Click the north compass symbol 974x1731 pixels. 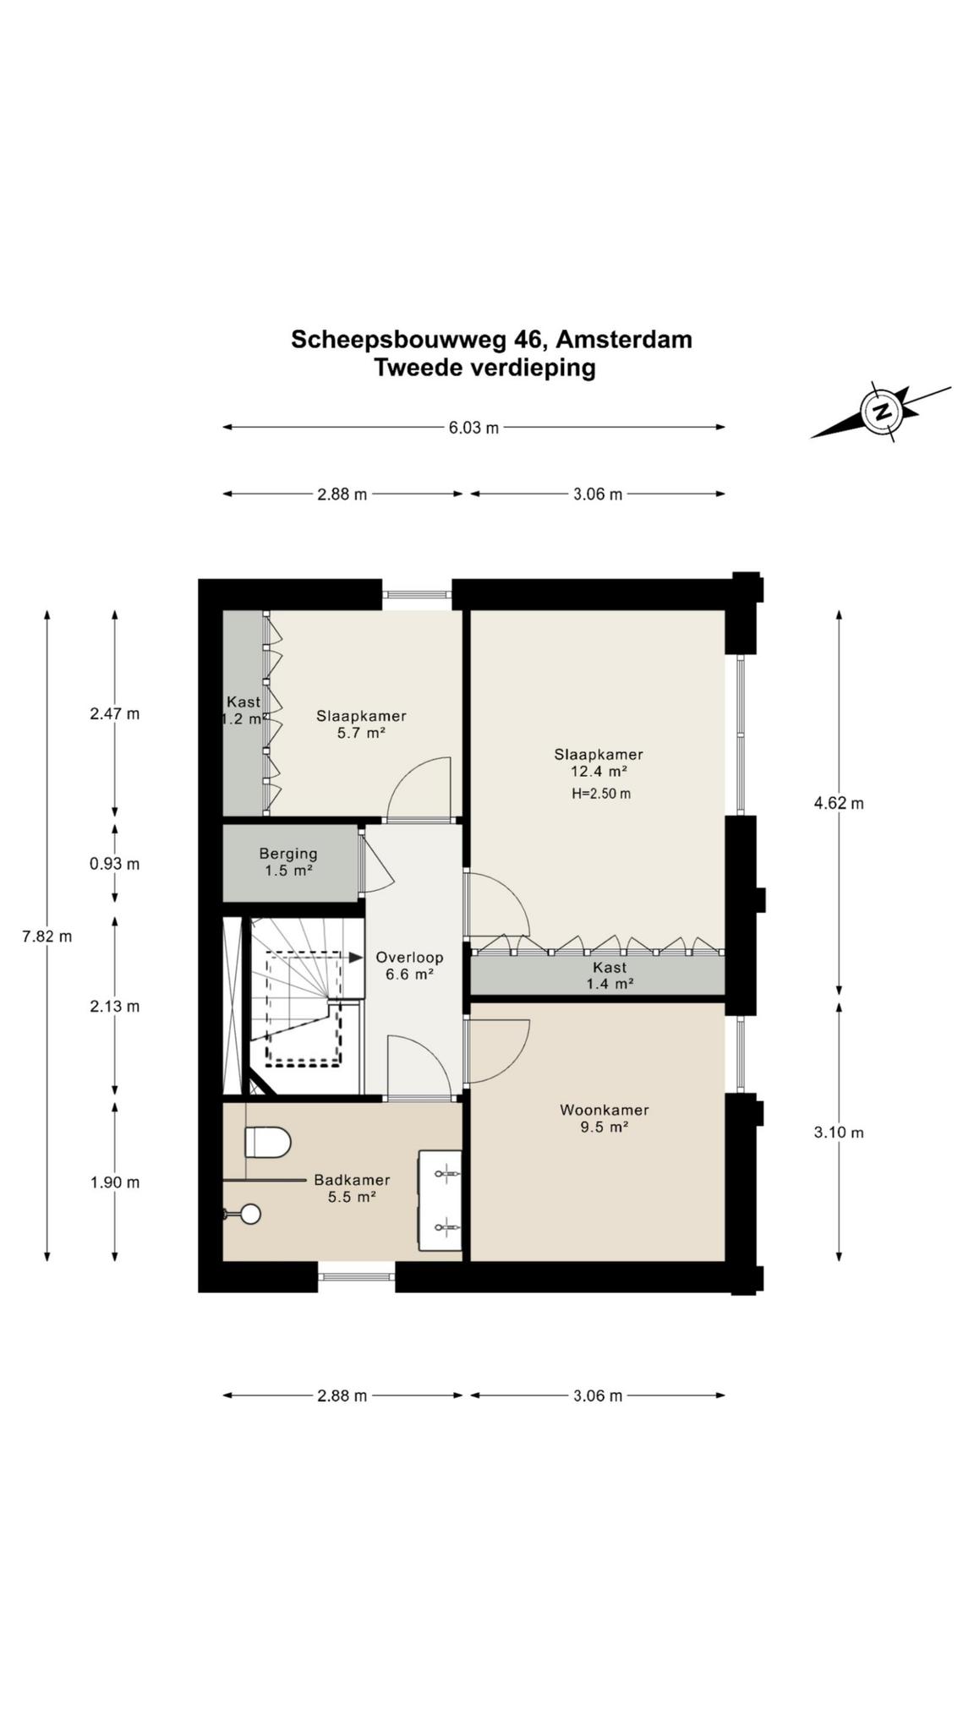(x=881, y=412)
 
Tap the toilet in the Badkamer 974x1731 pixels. (x=267, y=1143)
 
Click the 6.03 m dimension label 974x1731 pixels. (x=473, y=428)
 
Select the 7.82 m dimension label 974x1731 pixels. (x=47, y=936)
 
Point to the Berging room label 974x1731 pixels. (x=288, y=854)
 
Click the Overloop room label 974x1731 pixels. (x=409, y=958)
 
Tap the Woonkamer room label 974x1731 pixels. (x=604, y=1110)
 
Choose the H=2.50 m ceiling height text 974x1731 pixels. (x=600, y=794)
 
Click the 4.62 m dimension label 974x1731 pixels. (x=839, y=803)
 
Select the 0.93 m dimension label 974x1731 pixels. (x=115, y=864)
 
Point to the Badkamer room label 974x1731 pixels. (x=352, y=1180)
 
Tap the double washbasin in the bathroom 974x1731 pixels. (x=440, y=1199)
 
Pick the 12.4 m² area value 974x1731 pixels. (x=599, y=772)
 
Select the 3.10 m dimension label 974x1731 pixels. (x=839, y=1133)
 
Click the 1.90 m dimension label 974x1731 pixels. (x=115, y=1182)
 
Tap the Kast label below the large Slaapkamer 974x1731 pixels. (x=610, y=967)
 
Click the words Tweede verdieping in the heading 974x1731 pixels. (x=485, y=369)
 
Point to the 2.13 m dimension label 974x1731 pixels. (x=115, y=1007)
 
